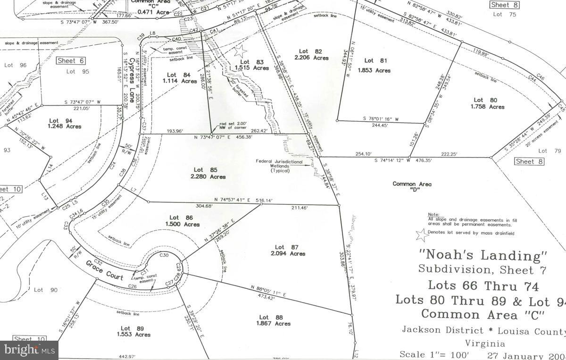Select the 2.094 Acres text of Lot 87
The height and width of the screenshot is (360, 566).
pyautogui.click(x=291, y=254)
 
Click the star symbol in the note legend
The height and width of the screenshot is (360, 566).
pyautogui.click(x=419, y=233)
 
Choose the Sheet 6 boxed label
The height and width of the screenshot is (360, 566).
pyautogui.click(x=70, y=60)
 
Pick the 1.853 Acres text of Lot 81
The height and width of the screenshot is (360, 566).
pyautogui.click(x=375, y=70)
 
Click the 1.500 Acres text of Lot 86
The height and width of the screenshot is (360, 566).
pyautogui.click(x=185, y=225)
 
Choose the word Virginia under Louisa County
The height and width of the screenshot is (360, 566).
pyautogui.click(x=485, y=343)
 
